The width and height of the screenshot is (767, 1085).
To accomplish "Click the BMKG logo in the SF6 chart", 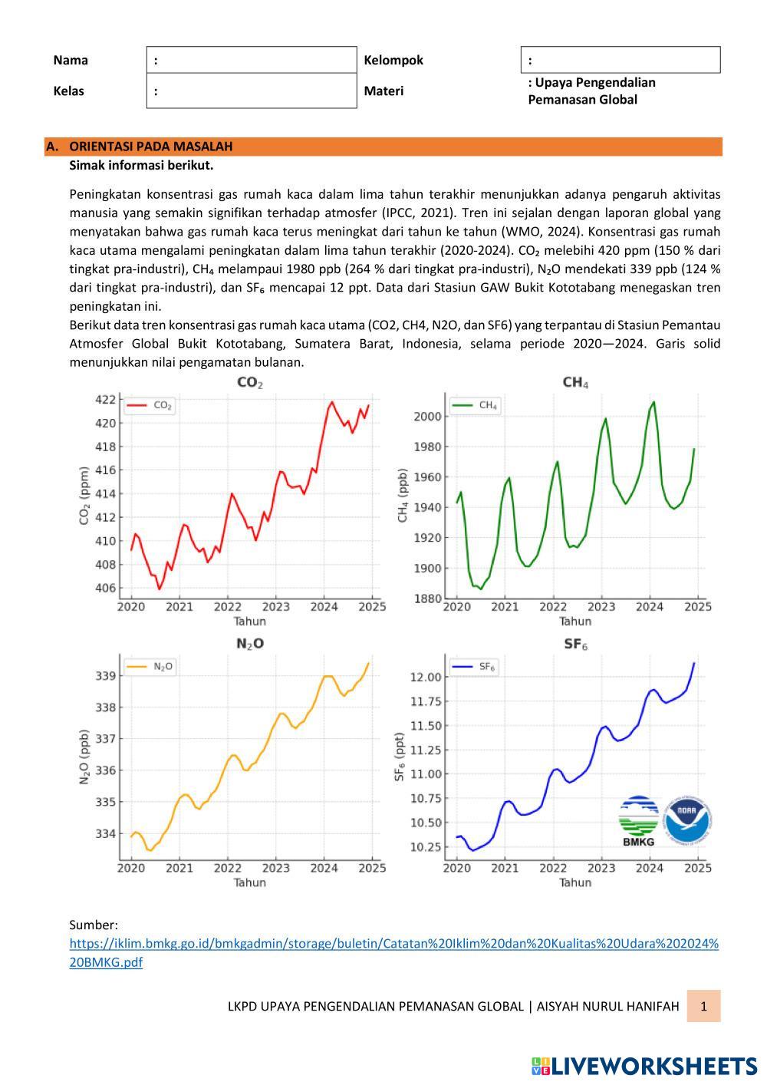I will click(x=638, y=821).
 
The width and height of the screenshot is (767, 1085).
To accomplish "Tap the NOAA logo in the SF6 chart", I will click(x=688, y=821).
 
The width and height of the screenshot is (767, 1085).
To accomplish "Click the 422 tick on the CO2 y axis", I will click(x=106, y=399).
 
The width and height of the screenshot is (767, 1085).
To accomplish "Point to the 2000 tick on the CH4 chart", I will click(x=428, y=417).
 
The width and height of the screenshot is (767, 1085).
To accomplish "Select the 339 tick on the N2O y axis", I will click(x=107, y=676).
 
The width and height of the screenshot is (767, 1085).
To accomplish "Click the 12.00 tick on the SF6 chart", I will click(x=426, y=677).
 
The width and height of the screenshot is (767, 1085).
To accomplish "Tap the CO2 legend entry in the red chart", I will click(x=150, y=405).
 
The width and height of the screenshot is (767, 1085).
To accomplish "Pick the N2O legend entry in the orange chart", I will click(x=151, y=667).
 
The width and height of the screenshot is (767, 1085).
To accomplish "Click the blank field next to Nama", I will click(x=252, y=60).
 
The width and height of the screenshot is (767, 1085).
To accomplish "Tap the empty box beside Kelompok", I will click(x=620, y=60).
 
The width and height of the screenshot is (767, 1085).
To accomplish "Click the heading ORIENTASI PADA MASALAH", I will click(x=151, y=147).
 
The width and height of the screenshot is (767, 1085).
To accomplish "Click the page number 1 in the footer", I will click(x=703, y=1006).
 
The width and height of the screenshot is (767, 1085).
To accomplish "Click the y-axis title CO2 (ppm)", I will click(x=85, y=495).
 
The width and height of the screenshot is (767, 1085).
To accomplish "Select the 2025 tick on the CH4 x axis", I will click(x=697, y=607).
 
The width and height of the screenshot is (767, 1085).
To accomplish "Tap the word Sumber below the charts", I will click(x=94, y=925).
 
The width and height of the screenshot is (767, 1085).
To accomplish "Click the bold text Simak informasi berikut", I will click(x=141, y=165).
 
